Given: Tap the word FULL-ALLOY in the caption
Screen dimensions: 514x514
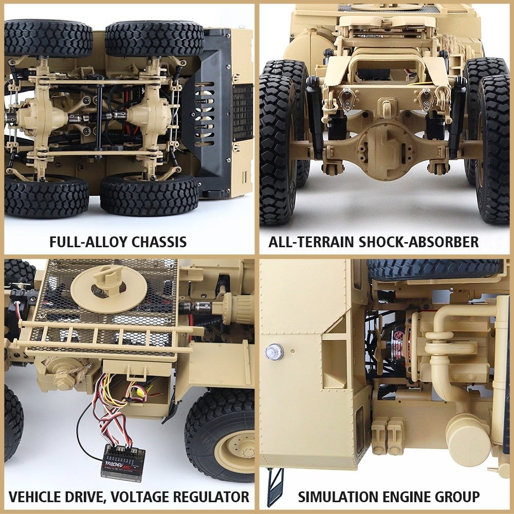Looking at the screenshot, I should [85, 242].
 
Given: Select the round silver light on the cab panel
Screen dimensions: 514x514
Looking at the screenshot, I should [274, 352].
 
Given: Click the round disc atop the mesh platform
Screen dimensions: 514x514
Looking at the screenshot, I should [100, 282].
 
